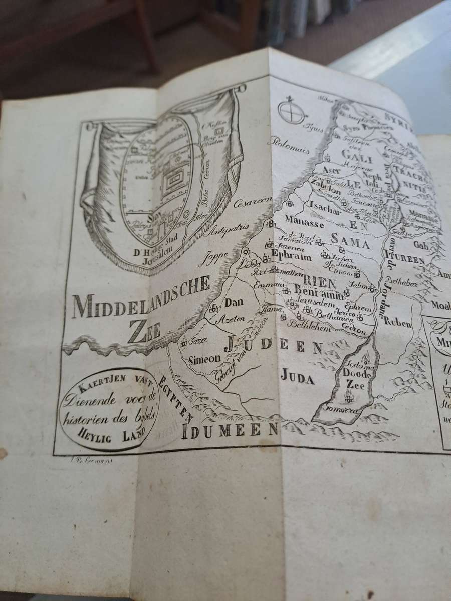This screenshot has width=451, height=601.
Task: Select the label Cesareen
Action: tap(253, 203)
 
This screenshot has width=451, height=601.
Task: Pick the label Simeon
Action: tap(204, 359)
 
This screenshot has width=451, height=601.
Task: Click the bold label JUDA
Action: tap(297, 377)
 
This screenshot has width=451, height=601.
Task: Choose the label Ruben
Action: tap(398, 323)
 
